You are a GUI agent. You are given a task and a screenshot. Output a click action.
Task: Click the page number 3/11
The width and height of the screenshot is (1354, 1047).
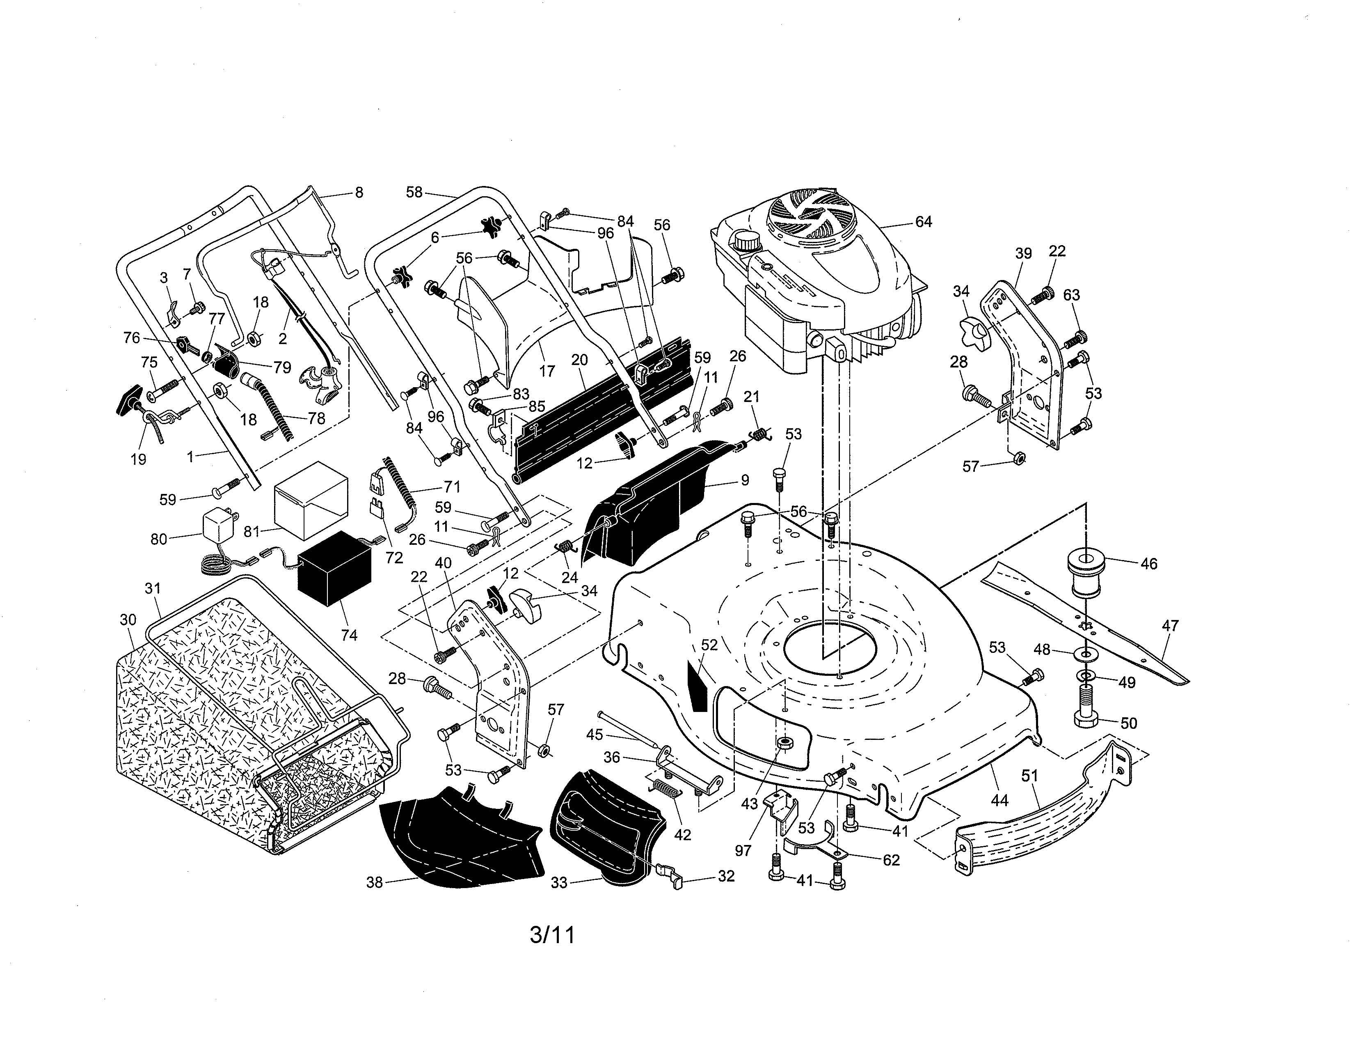point(552,935)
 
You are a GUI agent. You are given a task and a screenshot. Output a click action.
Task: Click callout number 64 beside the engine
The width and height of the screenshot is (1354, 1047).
point(923,221)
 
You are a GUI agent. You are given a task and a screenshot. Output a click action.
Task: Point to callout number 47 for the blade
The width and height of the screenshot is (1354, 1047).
point(1169,626)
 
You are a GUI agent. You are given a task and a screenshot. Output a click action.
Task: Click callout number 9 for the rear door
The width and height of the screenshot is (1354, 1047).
point(745,480)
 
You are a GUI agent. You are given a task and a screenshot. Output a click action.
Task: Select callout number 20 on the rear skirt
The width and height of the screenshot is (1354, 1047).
point(579,360)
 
